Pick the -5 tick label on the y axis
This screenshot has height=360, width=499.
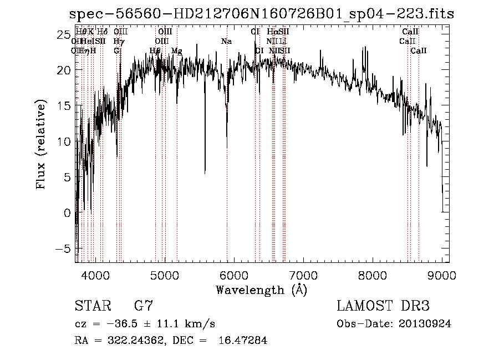[61, 249]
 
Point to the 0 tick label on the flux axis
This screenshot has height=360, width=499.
[67, 213]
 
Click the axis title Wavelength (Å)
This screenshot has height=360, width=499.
[261, 290]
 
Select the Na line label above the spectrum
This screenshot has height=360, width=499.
[226, 42]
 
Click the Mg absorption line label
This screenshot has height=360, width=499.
[177, 51]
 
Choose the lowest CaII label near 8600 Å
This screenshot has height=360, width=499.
[418, 51]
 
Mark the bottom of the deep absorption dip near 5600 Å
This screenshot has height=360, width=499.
[205, 173]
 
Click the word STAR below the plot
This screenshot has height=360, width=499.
[92, 306]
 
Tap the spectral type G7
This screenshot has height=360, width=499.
[144, 306]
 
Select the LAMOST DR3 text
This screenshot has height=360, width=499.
[383, 306]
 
